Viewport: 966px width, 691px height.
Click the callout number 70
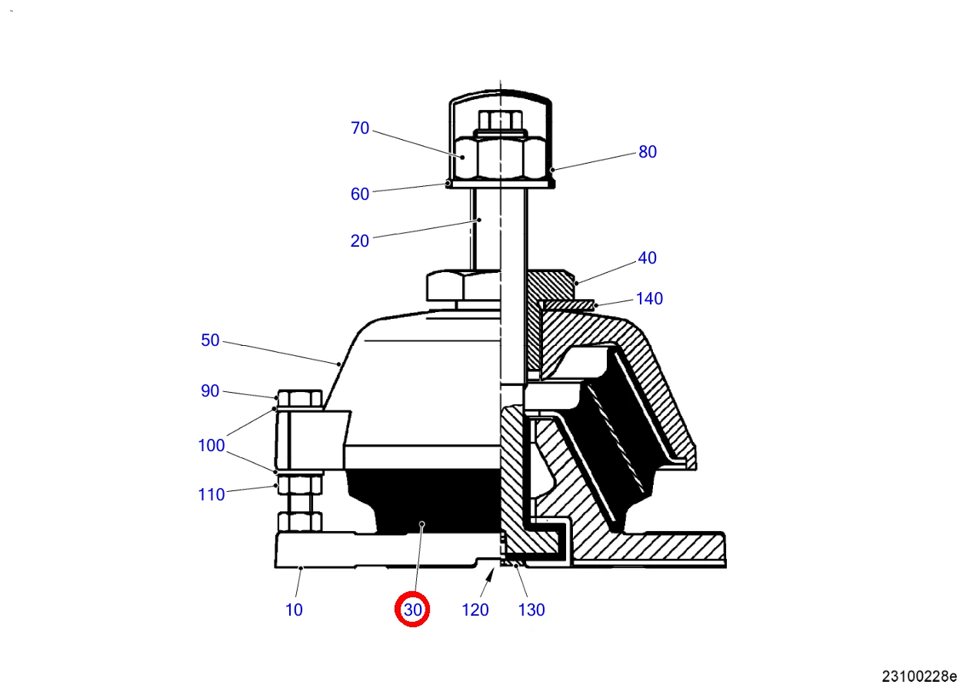(360, 128)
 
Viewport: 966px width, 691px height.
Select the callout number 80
(648, 151)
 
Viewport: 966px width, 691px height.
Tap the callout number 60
(360, 194)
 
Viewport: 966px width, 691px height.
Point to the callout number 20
(360, 241)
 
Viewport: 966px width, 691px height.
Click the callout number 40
(647, 257)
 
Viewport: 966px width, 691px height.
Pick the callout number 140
(649, 298)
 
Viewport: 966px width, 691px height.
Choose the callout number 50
(210, 340)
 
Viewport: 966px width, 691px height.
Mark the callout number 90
(210, 391)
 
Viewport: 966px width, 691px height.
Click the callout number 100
(212, 445)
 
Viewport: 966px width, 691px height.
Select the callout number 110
(212, 494)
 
